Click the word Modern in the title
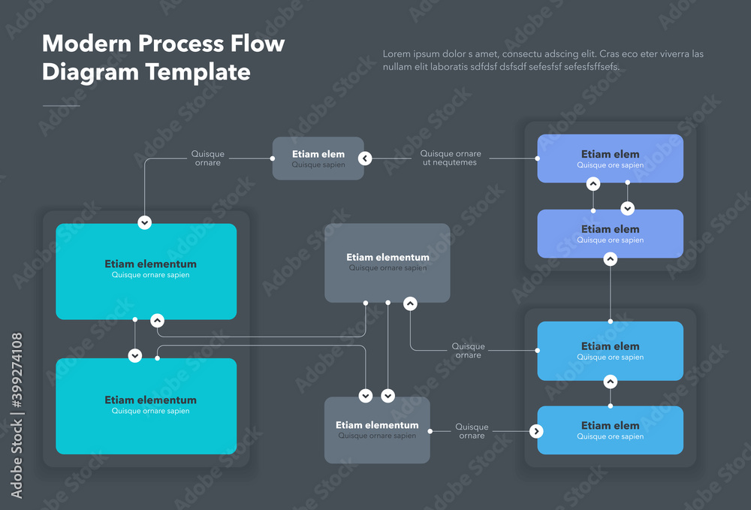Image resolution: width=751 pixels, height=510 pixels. pyautogui.click(x=83, y=44)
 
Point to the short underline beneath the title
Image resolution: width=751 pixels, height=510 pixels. pyautogui.click(x=61, y=106)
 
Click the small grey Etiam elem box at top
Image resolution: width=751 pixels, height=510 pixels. pyautogui.click(x=318, y=158)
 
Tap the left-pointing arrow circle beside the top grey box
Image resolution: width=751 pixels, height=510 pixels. pyautogui.click(x=365, y=158)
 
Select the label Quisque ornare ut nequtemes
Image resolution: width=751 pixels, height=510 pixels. pyautogui.click(x=450, y=158)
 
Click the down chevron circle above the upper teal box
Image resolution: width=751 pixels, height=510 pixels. pyautogui.click(x=145, y=222)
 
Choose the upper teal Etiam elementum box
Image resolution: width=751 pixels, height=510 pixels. pyautogui.click(x=146, y=271)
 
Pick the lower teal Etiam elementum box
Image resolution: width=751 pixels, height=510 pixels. pyautogui.click(x=146, y=406)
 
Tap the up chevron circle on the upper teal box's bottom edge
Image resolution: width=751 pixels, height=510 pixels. pyautogui.click(x=157, y=321)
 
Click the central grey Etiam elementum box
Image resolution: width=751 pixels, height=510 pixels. pyautogui.click(x=387, y=263)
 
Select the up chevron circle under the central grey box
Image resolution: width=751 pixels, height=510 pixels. pyautogui.click(x=410, y=303)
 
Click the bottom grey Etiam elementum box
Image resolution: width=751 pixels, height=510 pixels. pyautogui.click(x=377, y=430)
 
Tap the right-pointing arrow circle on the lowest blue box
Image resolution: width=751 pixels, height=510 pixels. pyautogui.click(x=535, y=431)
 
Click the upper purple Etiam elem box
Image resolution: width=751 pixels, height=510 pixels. pyautogui.click(x=610, y=158)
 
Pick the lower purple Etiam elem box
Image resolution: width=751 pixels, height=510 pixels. pyautogui.click(x=610, y=234)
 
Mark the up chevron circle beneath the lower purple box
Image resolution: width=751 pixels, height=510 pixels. pyautogui.click(x=611, y=259)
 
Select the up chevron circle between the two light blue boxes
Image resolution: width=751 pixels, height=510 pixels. pyautogui.click(x=611, y=382)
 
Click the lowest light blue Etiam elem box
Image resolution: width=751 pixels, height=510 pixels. pyautogui.click(x=610, y=430)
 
